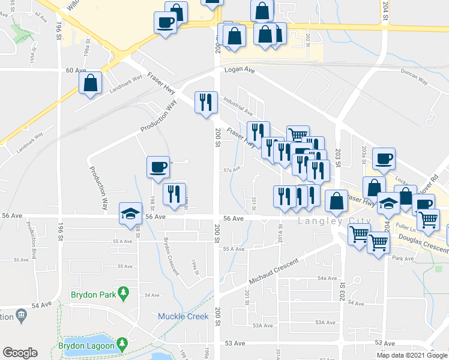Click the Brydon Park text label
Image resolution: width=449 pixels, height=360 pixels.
pos(91,295)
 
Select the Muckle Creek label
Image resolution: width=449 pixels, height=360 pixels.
pos(183,316)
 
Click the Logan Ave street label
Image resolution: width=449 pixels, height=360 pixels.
pos(240,70)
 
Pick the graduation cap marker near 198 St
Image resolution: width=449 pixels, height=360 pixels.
pos(130,214)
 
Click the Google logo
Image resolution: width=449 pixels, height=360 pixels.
pos(20,353)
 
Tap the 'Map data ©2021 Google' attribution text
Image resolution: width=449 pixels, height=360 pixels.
pos(412,355)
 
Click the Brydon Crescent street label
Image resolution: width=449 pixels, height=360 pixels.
pos(172,256)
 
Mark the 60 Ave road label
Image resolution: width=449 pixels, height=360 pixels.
pos(76,70)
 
